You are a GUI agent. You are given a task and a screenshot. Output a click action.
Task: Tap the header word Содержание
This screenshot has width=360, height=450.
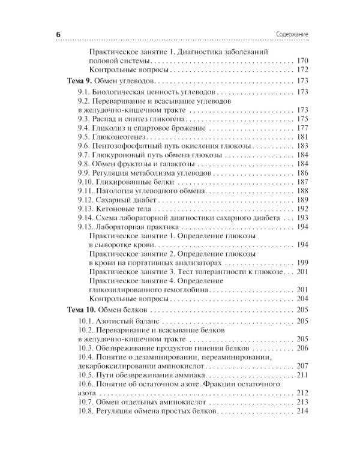[290, 35]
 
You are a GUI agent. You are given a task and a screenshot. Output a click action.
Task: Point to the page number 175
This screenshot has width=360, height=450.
[302, 119]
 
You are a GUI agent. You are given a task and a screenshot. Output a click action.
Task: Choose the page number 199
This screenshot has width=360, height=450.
[302, 263]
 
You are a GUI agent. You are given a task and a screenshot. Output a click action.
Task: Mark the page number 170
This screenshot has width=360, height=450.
[302, 61]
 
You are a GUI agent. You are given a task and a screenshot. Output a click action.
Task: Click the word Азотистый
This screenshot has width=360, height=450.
[116, 322]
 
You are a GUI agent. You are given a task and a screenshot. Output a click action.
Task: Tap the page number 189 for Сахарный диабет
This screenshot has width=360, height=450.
[302, 200]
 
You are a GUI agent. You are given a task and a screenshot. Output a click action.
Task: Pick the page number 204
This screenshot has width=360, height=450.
[302, 299]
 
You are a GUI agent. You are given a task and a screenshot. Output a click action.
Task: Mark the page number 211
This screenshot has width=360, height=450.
[302, 375]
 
